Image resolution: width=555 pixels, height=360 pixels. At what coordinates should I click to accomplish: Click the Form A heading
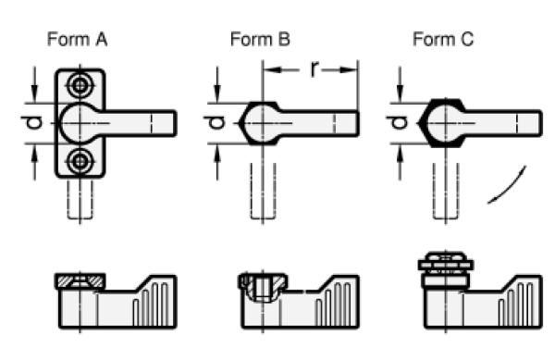77,39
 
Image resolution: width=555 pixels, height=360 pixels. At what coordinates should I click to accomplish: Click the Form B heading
260,39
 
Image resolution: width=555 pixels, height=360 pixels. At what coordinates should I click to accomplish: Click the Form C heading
443,39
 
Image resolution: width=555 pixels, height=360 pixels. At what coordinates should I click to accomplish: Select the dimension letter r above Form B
314,68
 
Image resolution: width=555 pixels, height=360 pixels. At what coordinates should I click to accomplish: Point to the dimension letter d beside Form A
31,123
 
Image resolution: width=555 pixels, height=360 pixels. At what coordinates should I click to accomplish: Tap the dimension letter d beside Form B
215,123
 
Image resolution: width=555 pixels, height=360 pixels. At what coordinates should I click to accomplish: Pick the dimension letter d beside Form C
397,123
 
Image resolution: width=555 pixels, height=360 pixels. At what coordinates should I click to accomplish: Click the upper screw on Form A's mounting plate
80,85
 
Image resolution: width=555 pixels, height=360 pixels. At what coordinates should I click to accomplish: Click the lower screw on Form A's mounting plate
80,162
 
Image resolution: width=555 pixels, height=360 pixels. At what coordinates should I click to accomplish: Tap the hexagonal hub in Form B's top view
259,123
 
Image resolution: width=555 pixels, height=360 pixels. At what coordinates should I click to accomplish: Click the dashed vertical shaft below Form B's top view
263,191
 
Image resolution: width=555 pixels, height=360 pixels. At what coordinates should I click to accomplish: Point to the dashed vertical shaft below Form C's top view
446,191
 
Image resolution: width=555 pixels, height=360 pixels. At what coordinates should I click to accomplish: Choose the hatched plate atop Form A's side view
80,281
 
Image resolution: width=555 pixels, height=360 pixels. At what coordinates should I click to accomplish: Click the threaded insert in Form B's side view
263,287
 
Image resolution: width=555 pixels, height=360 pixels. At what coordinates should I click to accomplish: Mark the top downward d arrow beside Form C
400,84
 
